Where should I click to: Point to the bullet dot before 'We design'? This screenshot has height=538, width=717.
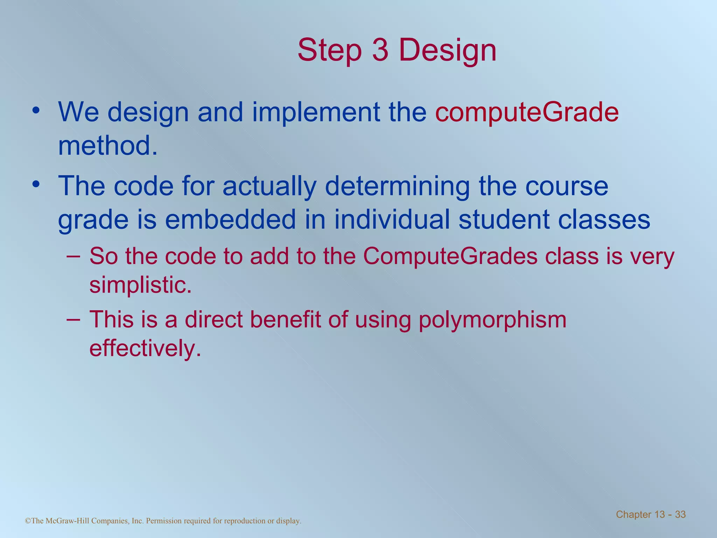coord(36,111)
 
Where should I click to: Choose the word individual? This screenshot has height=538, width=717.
coord(392,220)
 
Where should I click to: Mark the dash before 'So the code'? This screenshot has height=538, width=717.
coord(73,256)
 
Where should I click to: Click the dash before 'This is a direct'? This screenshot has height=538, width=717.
coord(73,319)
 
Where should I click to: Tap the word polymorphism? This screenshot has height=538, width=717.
coord(492,320)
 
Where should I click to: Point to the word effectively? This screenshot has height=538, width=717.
coord(145,348)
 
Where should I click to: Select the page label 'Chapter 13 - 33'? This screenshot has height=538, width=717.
coord(650,514)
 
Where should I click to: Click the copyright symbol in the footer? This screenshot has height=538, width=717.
coord(28,521)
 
